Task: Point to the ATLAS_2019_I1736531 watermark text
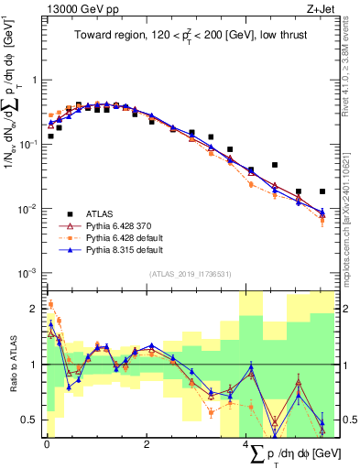(x=190, y=274)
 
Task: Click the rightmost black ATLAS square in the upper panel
(x=322, y=191)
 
